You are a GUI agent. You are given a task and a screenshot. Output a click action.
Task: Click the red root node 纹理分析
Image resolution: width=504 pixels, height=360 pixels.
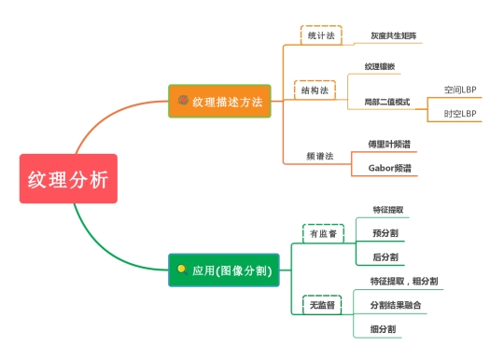tap(68, 178)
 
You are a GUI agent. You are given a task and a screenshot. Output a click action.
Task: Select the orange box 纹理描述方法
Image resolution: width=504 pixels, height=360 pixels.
tap(219, 101)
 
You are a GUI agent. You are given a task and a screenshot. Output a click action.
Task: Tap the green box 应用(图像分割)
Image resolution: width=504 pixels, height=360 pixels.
tap(224, 270)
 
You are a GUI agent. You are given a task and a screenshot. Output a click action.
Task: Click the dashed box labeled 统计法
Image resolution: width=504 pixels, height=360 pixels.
tap(321, 35)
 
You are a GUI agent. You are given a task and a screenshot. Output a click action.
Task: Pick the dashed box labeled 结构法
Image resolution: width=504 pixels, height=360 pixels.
tap(315, 90)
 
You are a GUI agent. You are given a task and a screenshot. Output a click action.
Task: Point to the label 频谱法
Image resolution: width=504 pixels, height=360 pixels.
tap(320, 156)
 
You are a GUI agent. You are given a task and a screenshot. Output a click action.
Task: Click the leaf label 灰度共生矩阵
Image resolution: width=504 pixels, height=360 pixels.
tap(394, 35)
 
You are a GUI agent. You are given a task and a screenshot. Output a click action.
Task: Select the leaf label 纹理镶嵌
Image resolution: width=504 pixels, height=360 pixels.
tap(380, 66)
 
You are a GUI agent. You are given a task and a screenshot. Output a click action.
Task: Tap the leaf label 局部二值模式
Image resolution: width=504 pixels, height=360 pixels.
tap(387, 102)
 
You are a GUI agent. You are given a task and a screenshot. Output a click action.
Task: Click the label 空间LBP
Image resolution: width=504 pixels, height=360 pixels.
tap(460, 90)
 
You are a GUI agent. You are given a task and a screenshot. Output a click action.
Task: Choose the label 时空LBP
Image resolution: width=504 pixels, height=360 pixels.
tap(460, 114)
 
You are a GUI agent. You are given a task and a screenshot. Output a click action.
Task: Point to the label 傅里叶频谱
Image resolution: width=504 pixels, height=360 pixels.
tap(389, 144)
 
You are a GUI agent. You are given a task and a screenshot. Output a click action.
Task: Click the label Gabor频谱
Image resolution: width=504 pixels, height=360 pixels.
tap(389, 168)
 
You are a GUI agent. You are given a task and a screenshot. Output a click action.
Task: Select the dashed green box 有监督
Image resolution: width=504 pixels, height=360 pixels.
tap(323, 233)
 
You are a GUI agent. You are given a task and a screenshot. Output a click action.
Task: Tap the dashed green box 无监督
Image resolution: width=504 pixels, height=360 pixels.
tap(322, 305)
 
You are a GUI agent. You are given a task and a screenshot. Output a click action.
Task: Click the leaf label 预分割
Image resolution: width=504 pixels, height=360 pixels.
tap(385, 233)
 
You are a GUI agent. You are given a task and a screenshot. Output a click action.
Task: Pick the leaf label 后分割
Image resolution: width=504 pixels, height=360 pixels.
tap(385, 256)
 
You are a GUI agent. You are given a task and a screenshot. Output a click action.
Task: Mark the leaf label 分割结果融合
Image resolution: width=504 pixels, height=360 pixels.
tap(396, 305)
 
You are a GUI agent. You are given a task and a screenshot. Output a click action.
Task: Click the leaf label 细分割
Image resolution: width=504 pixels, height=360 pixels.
tap(383, 329)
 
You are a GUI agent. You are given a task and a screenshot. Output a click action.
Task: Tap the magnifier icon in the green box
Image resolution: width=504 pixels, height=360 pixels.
tap(182, 270)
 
